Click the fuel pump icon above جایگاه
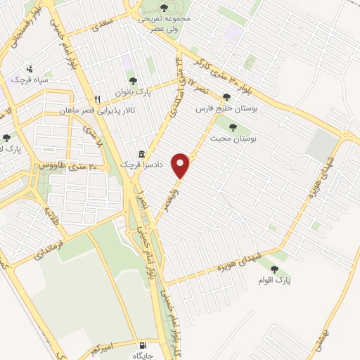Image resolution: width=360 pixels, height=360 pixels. tap(143, 346)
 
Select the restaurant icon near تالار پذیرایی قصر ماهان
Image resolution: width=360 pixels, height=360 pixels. tap(99, 99)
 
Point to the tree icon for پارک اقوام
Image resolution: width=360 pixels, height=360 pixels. tap(274, 269)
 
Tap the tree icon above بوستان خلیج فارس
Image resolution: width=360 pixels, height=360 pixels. tap(226, 98)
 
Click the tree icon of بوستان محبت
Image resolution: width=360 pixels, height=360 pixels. tap(233, 127)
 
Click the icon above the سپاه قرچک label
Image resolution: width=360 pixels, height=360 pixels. tap(29, 70)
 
